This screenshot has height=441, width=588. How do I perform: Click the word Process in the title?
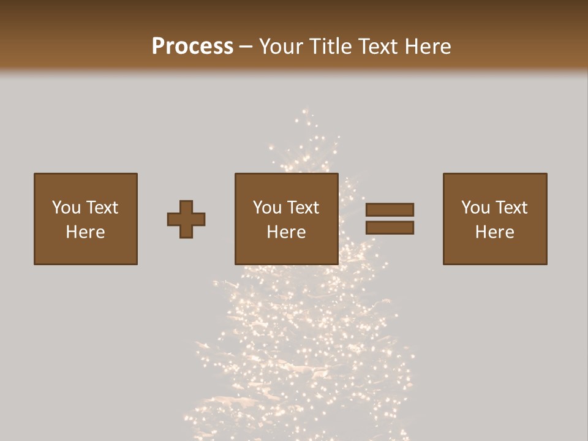[192, 47]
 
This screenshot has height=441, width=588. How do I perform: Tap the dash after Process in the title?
[246, 47]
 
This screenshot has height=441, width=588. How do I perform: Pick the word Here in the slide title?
[429, 47]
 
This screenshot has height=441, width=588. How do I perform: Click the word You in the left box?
[66, 208]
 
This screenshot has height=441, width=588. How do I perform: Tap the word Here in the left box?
[85, 232]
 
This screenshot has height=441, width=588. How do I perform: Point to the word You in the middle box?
[267, 208]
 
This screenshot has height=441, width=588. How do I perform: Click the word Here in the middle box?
[286, 232]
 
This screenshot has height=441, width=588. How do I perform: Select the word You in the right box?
[475, 208]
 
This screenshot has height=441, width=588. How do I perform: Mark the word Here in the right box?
[494, 232]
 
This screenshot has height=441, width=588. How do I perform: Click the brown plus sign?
[186, 219]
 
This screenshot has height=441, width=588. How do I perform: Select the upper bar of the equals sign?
[390, 209]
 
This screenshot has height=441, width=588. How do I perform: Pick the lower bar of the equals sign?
[390, 228]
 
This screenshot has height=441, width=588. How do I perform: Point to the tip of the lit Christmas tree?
[306, 113]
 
